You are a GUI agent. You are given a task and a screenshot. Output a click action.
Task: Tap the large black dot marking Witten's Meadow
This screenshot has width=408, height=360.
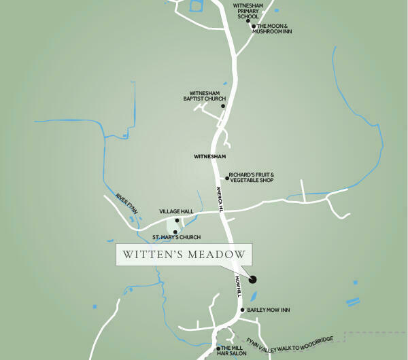[253, 278]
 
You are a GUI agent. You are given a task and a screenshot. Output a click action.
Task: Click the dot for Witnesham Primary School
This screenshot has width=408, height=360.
[248, 21]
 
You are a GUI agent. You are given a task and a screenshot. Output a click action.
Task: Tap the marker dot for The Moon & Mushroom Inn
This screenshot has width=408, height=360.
[253, 26]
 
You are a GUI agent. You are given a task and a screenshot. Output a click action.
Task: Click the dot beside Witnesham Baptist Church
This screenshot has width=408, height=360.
[223, 106]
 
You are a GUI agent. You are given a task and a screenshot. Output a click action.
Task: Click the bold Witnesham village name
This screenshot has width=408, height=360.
[209, 156]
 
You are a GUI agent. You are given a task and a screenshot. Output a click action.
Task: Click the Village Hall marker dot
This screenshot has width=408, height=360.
[177, 220]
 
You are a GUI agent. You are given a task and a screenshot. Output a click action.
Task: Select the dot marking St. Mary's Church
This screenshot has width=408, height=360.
[175, 232]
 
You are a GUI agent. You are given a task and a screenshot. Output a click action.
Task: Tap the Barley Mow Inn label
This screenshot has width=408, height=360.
[269, 310]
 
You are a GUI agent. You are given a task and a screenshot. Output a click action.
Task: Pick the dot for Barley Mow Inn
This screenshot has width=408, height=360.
[243, 310]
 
